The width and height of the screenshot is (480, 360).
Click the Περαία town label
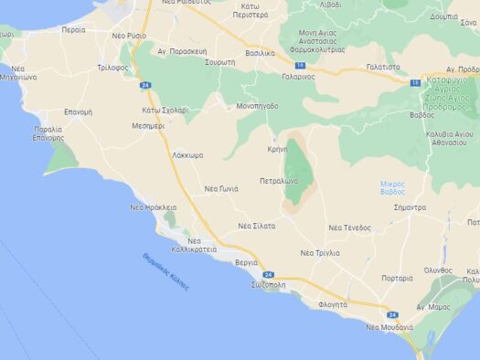point(73,29)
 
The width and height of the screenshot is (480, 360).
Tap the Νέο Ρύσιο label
point(128,35)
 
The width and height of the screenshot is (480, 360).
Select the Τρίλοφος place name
point(112,68)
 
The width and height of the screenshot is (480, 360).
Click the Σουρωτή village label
point(220,61)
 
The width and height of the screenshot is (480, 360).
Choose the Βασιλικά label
point(260,53)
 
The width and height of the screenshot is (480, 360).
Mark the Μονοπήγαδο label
point(256,106)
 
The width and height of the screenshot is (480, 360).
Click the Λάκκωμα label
point(187,155)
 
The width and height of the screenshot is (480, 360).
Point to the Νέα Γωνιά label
point(221,188)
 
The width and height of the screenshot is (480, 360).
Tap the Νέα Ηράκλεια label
point(153,207)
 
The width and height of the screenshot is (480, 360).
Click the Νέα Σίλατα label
point(256,225)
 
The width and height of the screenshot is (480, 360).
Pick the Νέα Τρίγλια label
point(320,252)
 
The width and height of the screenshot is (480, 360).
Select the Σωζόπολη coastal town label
point(268,285)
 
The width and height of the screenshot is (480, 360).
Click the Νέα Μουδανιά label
point(389,326)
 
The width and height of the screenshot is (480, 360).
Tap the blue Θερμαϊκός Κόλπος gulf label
point(165,271)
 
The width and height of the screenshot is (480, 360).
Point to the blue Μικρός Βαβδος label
point(392,187)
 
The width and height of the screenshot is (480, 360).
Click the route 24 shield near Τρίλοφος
point(145,85)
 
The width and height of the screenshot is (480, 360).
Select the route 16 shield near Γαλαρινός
point(299,66)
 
